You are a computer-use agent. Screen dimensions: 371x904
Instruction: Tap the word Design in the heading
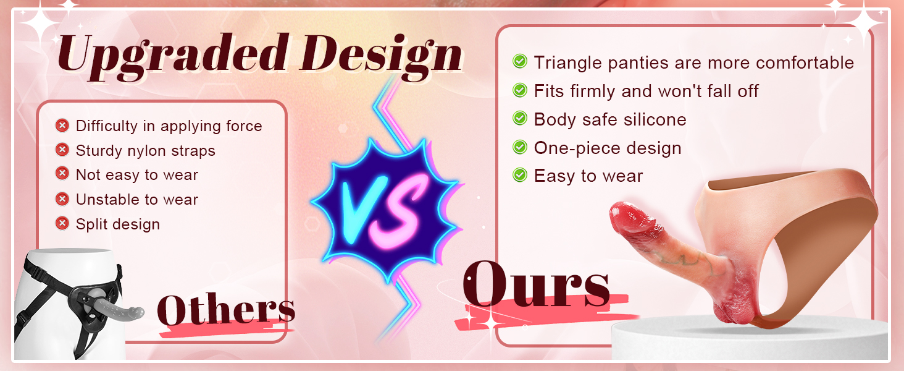[383, 54]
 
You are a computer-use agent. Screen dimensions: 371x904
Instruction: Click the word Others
[226, 310]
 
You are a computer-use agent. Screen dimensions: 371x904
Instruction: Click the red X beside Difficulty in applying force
[62, 126]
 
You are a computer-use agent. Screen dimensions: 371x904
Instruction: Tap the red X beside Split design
[62, 223]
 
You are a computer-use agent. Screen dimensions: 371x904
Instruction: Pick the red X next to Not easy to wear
[62, 174]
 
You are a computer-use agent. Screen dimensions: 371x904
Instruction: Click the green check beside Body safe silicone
[520, 119]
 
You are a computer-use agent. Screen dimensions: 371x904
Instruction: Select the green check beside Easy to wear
[520, 176]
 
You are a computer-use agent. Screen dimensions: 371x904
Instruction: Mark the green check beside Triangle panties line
[520, 62]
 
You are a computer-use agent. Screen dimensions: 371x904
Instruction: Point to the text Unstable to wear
[137, 199]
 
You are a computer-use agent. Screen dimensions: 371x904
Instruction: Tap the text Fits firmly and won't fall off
[646, 91]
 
